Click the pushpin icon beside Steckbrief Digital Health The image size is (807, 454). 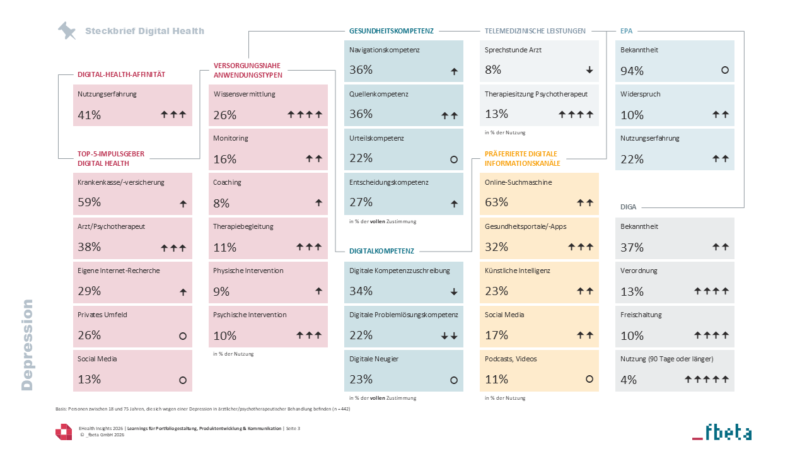coord(67,31)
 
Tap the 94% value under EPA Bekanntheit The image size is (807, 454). coord(632,71)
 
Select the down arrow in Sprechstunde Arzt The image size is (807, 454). coord(589,70)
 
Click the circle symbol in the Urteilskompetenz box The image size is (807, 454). coord(454,160)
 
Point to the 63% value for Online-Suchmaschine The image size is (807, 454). coord(496,202)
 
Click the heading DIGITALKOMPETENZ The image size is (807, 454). coord(381,251)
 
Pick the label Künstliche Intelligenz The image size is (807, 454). coord(518,271)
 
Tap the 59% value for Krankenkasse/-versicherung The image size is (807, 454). coord(90,202)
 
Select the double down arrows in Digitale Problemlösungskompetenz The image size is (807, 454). coord(450,336)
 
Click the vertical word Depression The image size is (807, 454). coord(27,345)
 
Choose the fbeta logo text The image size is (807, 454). coord(722,432)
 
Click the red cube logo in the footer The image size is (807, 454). coord(64,432)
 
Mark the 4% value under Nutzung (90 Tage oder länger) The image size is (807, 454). coord(629,380)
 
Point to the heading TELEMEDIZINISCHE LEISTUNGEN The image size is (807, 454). coord(535,31)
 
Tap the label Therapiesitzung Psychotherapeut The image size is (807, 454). coord(536,94)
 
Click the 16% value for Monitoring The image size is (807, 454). coord(225,160)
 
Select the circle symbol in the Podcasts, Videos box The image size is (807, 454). coord(589,379)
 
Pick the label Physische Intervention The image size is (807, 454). coord(248,271)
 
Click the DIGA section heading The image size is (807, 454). coord(629,207)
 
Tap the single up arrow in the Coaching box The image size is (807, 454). coord(318,202)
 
